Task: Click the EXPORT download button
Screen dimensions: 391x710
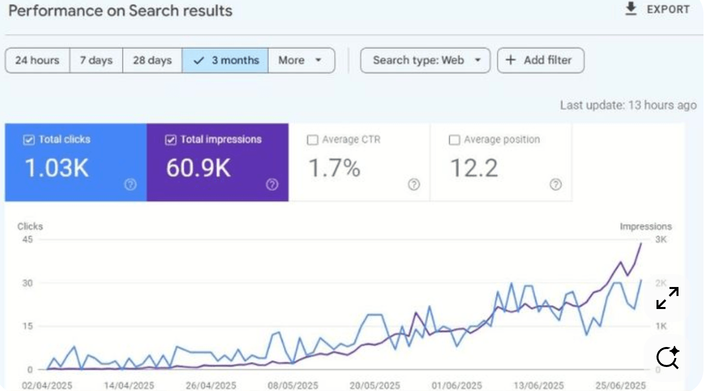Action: [657, 9]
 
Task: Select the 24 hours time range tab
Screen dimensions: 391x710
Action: [37, 60]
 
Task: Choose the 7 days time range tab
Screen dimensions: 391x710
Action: [96, 60]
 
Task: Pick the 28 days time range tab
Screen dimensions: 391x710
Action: [152, 60]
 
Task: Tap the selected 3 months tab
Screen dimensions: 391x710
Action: [225, 60]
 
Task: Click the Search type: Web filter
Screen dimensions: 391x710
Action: [425, 60]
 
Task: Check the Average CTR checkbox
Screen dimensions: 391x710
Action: [312, 140]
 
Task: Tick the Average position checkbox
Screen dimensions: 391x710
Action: [454, 140]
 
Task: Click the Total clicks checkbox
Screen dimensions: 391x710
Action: [28, 140]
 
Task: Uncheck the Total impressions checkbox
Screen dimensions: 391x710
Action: [170, 140]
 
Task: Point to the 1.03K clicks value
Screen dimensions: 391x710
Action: [56, 168]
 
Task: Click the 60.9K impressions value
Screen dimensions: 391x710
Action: [198, 168]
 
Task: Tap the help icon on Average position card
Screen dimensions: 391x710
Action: [555, 184]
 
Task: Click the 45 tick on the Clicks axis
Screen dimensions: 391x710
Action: [27, 239]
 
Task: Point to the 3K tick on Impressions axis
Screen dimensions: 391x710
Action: [661, 239]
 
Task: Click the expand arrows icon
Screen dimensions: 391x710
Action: [667, 298]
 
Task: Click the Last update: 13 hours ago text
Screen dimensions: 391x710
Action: [628, 105]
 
